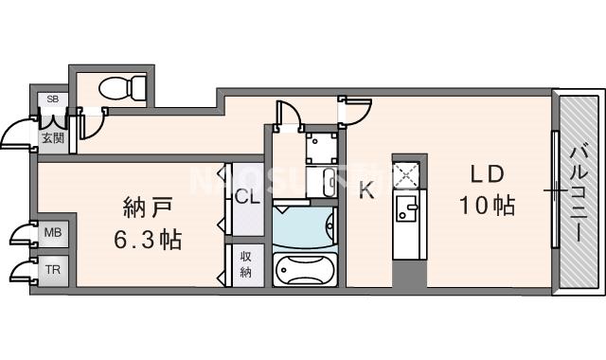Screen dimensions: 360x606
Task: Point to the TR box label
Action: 52,269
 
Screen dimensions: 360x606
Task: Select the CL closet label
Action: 248,198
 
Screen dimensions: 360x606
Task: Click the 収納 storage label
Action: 244,265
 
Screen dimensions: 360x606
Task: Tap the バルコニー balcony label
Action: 579,189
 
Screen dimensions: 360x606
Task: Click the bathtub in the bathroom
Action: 304,269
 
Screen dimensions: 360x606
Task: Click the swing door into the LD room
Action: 352,112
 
